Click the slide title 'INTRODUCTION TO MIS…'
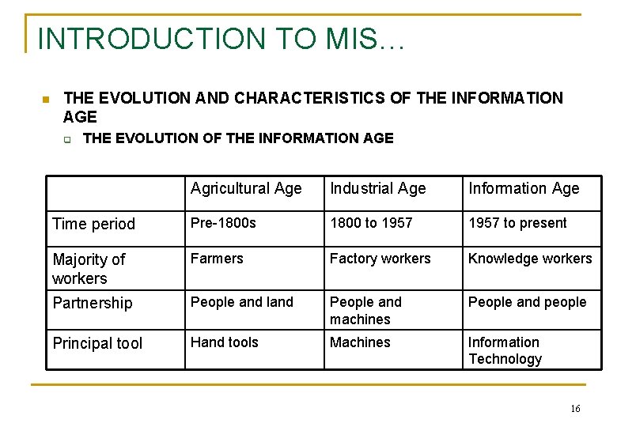pyautogui.click(x=221, y=39)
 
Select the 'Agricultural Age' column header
pyautogui.click(x=246, y=188)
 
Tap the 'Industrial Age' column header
pyautogui.click(x=377, y=188)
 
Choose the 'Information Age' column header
pyautogui.click(x=524, y=188)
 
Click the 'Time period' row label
pyautogui.click(x=93, y=224)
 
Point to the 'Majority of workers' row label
pyautogui.click(x=89, y=269)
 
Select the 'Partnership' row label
pyautogui.click(x=93, y=303)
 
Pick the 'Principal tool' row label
pyautogui.click(x=97, y=343)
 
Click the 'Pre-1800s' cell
pyautogui.click(x=223, y=223)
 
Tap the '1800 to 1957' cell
pyautogui.click(x=371, y=223)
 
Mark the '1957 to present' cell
pyautogui.click(x=517, y=223)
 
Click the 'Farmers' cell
pyautogui.click(x=217, y=259)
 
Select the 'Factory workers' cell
pyautogui.click(x=380, y=259)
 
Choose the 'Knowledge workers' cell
pyautogui.click(x=530, y=259)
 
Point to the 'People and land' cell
pyautogui.click(x=241, y=302)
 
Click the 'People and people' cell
pyautogui.click(x=527, y=302)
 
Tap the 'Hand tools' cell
pyautogui.click(x=224, y=342)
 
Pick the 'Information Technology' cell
pyautogui.click(x=505, y=350)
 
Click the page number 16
pyautogui.click(x=574, y=408)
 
